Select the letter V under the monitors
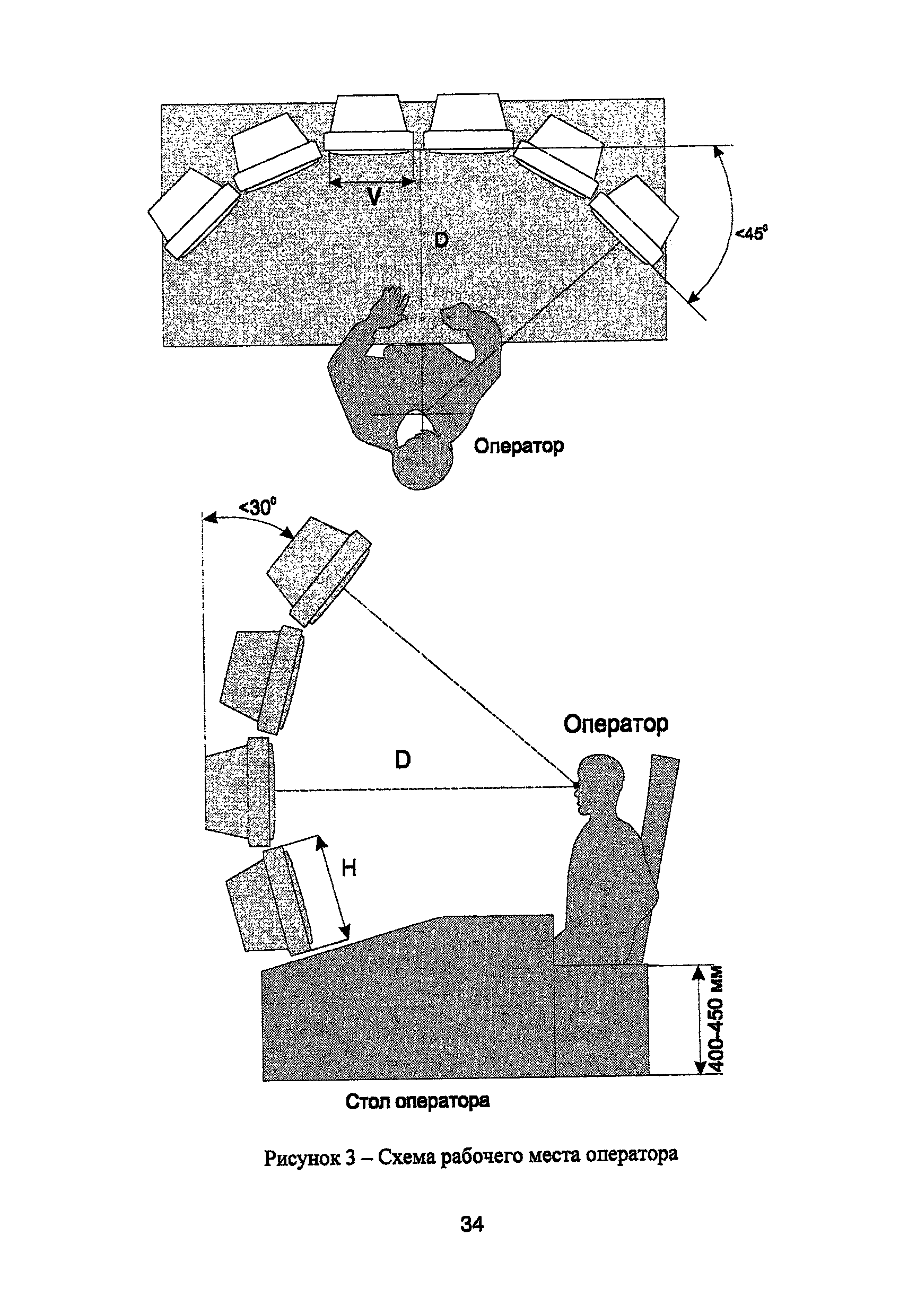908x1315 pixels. [x=373, y=197]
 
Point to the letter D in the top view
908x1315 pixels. [x=441, y=240]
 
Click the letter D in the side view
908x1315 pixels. [x=402, y=759]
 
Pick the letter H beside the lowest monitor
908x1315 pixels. [x=349, y=867]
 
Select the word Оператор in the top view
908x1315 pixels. [x=518, y=445]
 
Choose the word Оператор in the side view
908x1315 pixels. [x=616, y=724]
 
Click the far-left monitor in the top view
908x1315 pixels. [x=194, y=213]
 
